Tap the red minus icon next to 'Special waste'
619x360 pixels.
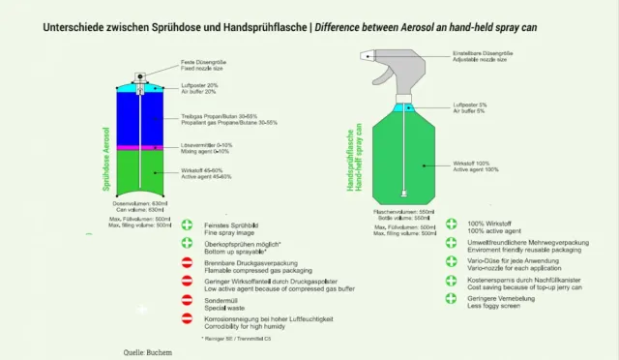point(187,300)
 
